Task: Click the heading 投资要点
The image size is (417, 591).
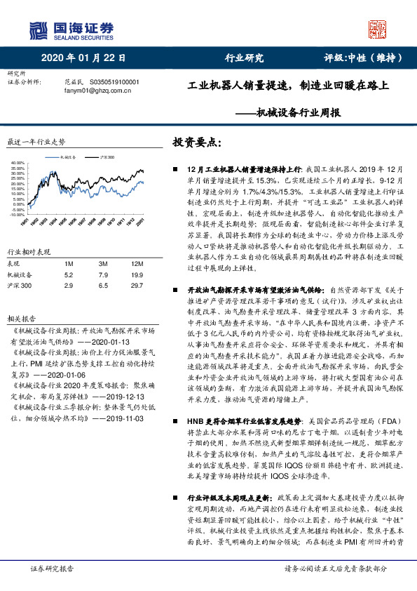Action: [196, 142]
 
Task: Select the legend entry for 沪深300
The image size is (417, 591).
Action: [106, 157]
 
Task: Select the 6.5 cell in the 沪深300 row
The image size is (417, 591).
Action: [104, 286]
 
